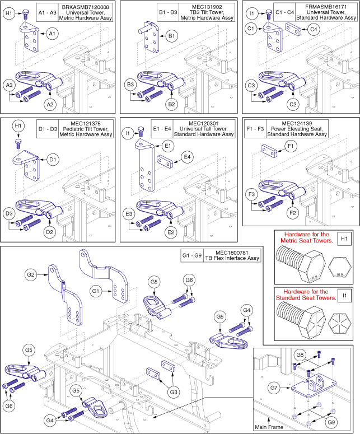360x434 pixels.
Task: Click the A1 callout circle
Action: click(52, 35)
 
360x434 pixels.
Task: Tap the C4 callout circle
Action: click(314, 28)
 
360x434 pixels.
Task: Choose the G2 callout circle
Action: click(31, 275)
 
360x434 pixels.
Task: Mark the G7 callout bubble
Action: click(290, 387)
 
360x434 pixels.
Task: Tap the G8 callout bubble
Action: click(300, 354)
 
